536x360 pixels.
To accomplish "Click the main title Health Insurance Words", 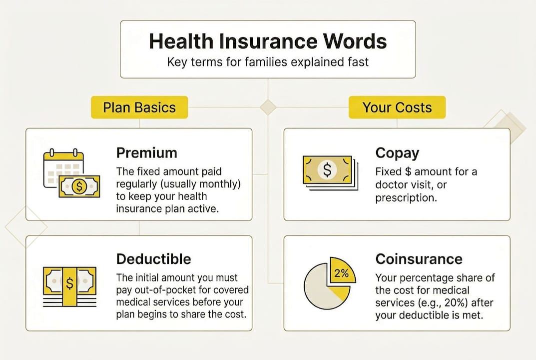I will coord(268,41).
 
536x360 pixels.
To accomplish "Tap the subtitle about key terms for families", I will coord(268,63).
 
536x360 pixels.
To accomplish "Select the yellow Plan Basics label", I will coord(139,107).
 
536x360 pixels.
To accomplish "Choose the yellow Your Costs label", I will coord(397,107).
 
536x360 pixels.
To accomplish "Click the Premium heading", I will coord(146,152).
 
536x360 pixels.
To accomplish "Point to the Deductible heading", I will coord(153,259).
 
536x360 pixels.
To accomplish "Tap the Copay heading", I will coord(397,152).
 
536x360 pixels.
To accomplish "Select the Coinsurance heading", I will coord(419,259).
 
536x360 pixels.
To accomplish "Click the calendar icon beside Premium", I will coord(63,167).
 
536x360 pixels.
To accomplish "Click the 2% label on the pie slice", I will coord(342,273).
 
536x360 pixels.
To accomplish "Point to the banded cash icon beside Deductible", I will coord(69,285).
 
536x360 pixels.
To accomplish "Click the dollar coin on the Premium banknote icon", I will coord(79,187).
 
